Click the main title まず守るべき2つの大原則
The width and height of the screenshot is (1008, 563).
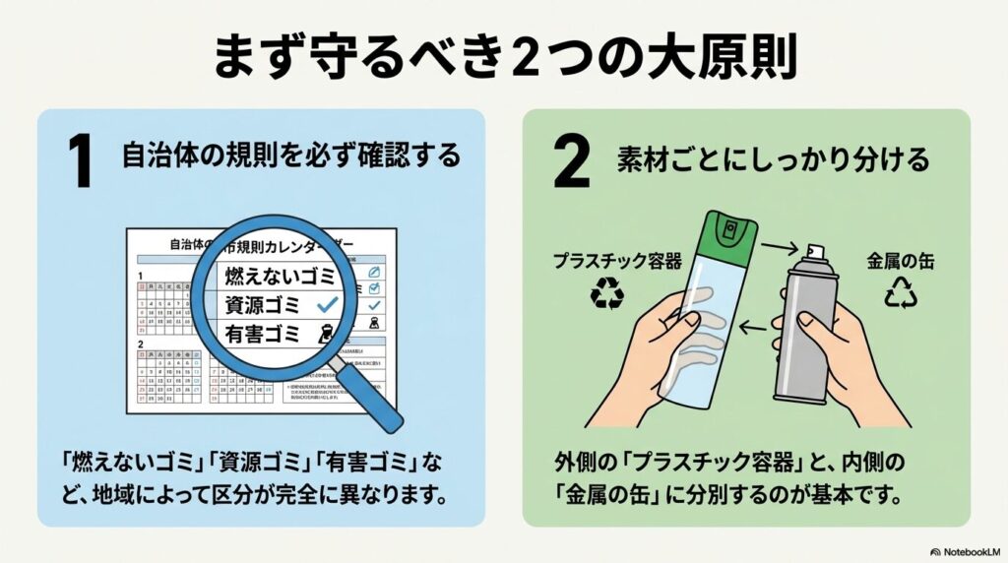click(x=504, y=56)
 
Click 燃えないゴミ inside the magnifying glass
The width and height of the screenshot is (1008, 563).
click(x=280, y=273)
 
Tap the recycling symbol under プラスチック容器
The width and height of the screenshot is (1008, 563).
click(x=606, y=292)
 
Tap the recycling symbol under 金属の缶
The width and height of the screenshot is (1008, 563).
click(x=899, y=292)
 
